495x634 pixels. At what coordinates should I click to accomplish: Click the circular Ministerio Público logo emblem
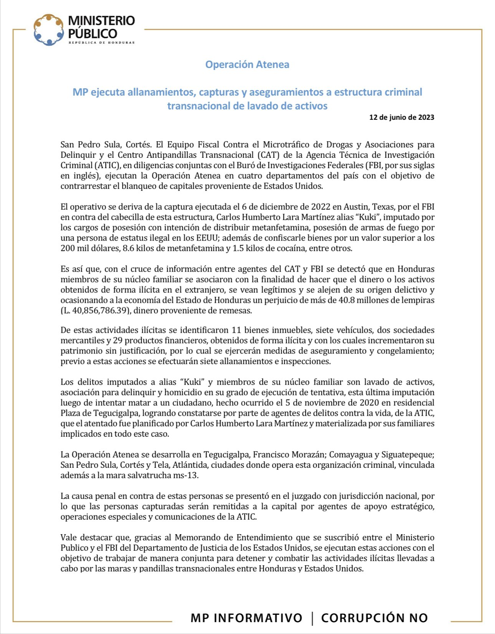point(48,30)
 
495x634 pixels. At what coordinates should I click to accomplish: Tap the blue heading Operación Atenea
point(247,64)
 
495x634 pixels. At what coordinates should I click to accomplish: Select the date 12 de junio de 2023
point(401,117)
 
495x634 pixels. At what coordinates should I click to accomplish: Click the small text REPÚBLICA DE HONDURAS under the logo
point(102,43)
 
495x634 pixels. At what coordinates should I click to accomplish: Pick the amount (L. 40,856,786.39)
point(94,310)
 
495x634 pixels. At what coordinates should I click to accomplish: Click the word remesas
point(235,310)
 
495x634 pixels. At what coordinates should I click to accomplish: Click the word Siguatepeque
point(409,454)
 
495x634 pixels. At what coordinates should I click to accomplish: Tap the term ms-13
point(187,475)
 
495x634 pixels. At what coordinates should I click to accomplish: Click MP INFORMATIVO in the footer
point(246,618)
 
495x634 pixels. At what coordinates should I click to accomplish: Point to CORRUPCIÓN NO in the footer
point(374,618)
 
